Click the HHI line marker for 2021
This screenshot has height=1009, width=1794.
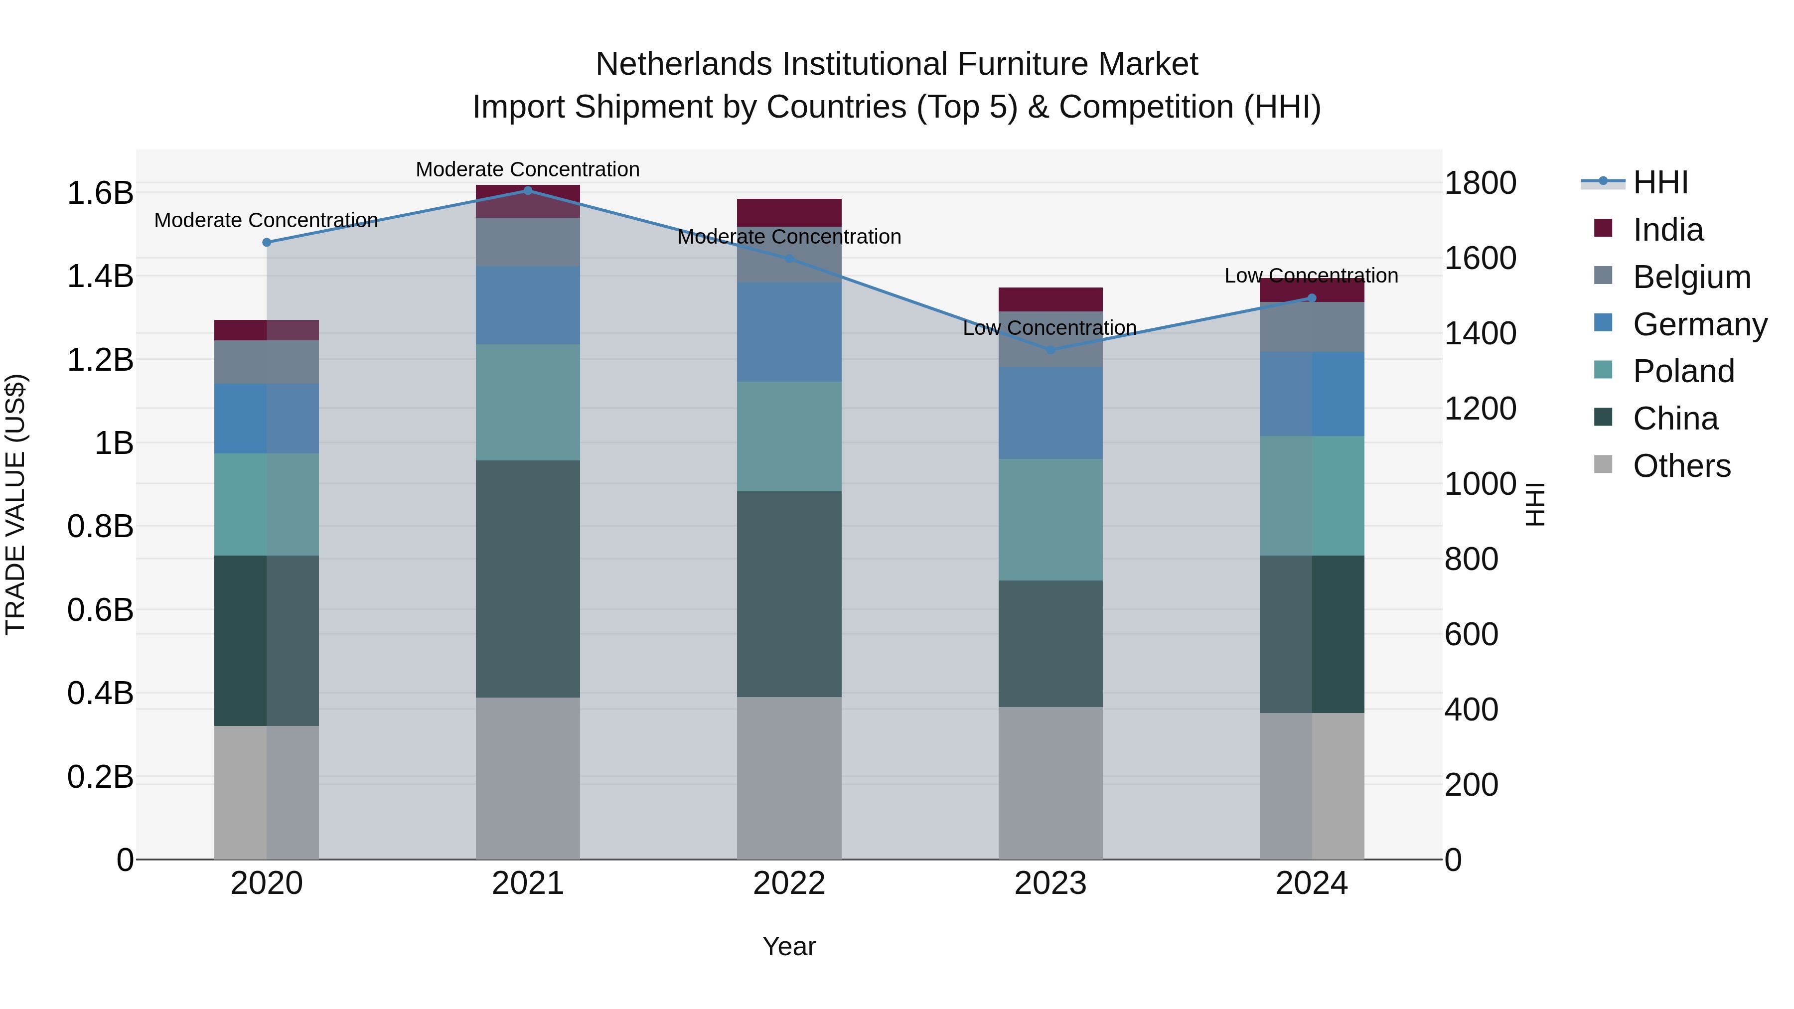click(x=527, y=191)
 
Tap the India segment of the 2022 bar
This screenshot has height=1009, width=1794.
click(x=789, y=212)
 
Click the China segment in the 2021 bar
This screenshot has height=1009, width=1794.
click(x=527, y=578)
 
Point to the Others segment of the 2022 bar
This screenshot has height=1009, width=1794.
click(x=789, y=778)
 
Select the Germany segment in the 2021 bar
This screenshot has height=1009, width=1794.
click(x=527, y=305)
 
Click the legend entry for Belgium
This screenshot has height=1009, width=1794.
click(x=1691, y=277)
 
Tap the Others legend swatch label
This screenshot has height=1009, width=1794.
click(x=1681, y=466)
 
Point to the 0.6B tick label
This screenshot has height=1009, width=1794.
click(x=100, y=610)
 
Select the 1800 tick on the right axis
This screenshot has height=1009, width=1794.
click(x=1480, y=183)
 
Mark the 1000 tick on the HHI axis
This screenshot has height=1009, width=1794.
click(x=1480, y=484)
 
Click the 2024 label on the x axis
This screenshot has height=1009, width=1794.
click(x=1312, y=883)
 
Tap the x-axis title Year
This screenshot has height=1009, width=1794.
click(x=789, y=946)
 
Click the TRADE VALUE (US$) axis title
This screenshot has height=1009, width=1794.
click(x=15, y=504)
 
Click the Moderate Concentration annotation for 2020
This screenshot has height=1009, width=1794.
click(x=266, y=220)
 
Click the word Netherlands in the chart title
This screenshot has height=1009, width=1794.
click(x=683, y=64)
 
